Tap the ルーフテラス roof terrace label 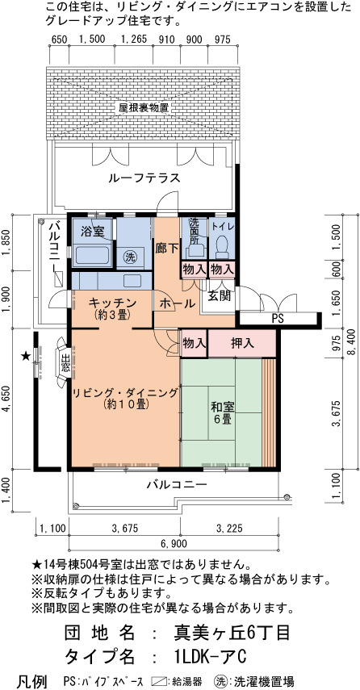(144, 178)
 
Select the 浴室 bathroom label (92, 231)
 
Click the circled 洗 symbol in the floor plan (129, 257)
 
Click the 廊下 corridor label (167, 249)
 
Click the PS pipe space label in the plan (277, 319)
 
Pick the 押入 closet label (242, 343)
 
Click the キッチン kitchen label (113, 303)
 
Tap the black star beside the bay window (26, 356)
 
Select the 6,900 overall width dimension (174, 543)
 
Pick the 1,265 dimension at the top (133, 40)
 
